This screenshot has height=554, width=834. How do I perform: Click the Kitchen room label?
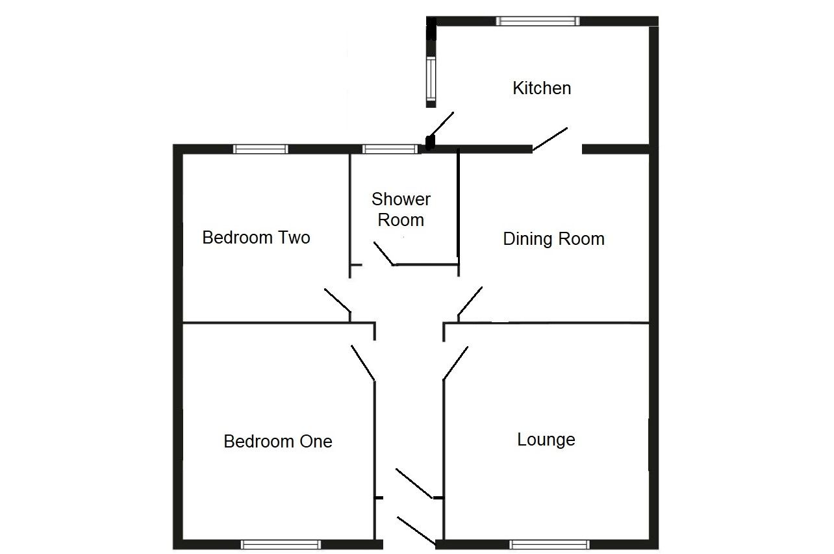[x=542, y=88]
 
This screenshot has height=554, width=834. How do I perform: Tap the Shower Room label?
[x=401, y=209]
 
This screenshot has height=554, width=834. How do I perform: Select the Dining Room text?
[x=553, y=239]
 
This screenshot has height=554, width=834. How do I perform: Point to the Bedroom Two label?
[x=256, y=238]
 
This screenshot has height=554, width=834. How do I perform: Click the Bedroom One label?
[x=277, y=442]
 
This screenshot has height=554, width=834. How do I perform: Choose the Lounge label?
[x=546, y=440]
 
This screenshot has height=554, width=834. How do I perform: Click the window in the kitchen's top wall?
[x=537, y=21]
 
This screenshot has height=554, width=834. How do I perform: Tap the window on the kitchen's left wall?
[x=431, y=79]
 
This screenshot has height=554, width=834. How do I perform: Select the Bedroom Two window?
[x=260, y=149]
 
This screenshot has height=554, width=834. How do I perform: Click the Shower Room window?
[x=390, y=149]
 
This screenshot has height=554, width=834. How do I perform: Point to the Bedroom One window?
[x=281, y=544]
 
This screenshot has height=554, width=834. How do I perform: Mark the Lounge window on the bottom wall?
[x=549, y=544]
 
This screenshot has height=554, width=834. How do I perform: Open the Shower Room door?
[x=384, y=254]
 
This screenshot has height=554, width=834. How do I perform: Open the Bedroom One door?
[x=363, y=362]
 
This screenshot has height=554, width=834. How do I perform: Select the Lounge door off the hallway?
[x=455, y=362]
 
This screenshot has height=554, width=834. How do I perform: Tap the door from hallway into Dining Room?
[x=470, y=301]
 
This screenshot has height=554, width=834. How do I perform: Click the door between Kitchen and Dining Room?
[x=551, y=139]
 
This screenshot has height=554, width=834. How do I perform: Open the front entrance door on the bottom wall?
[x=416, y=531]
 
